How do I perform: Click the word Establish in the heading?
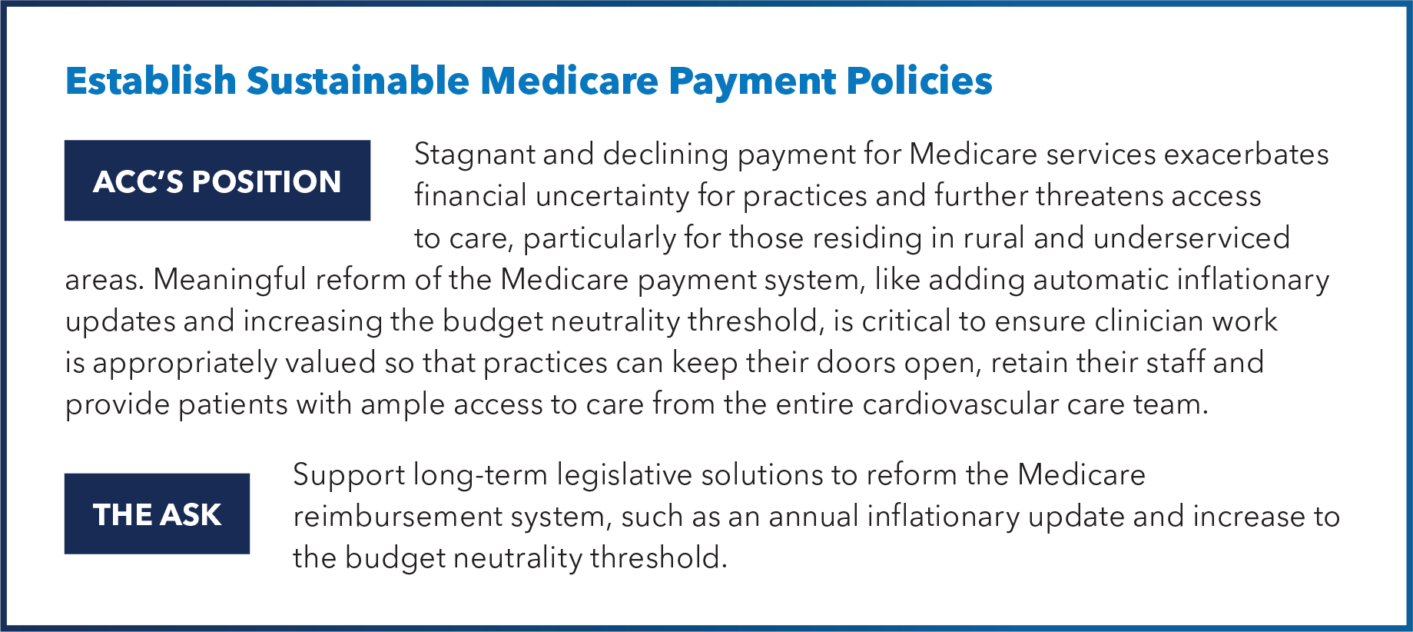[x=151, y=81]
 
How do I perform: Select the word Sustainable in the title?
[x=358, y=81]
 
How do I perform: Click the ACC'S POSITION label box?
[x=217, y=181]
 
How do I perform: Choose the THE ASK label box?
[x=157, y=514]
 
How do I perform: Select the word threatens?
[x=1088, y=196]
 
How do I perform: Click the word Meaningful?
[x=230, y=281]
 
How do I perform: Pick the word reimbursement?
[x=397, y=517]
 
